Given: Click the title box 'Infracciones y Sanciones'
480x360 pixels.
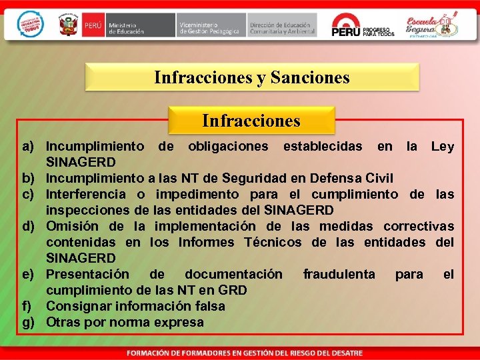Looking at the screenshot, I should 251,77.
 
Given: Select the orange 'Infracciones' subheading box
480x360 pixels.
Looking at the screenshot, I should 251,121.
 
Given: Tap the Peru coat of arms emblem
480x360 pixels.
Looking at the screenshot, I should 69,25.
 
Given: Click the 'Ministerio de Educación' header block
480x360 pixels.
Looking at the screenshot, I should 129,25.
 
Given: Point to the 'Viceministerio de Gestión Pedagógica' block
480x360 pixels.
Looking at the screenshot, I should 209,25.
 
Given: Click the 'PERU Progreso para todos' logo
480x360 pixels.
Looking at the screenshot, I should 363,25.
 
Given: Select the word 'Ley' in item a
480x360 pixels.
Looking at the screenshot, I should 442,146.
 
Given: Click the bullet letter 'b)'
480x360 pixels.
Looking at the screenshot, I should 28,178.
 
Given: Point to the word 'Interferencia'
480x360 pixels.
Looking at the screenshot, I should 85,194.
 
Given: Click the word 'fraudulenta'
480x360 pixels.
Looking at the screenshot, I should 339,274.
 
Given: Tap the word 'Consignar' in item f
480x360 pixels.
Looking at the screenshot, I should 79,306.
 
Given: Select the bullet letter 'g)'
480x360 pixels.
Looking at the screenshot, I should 28,322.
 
